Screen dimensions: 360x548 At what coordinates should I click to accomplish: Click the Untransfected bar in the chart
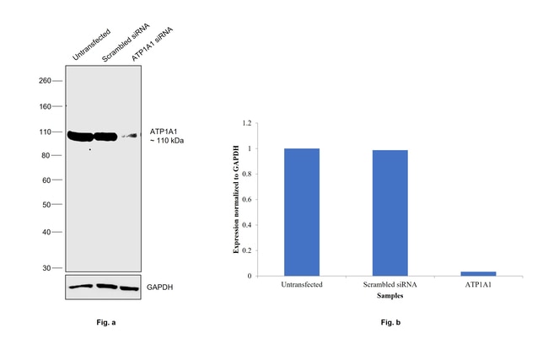[x=302, y=212]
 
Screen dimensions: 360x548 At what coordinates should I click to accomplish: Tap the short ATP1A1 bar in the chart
[x=478, y=273]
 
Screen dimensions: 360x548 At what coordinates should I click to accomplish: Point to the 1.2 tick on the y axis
[x=247, y=123]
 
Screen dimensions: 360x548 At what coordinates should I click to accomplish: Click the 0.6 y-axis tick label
[x=247, y=200]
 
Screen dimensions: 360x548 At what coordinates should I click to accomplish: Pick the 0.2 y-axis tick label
[x=247, y=250]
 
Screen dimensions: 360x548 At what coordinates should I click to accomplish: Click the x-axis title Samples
[x=390, y=296]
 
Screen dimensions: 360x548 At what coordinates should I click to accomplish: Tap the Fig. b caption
[x=389, y=323]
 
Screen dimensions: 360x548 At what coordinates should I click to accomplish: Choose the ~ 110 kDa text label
[x=166, y=141]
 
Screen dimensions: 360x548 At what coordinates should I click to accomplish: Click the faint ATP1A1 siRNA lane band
[x=128, y=135]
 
